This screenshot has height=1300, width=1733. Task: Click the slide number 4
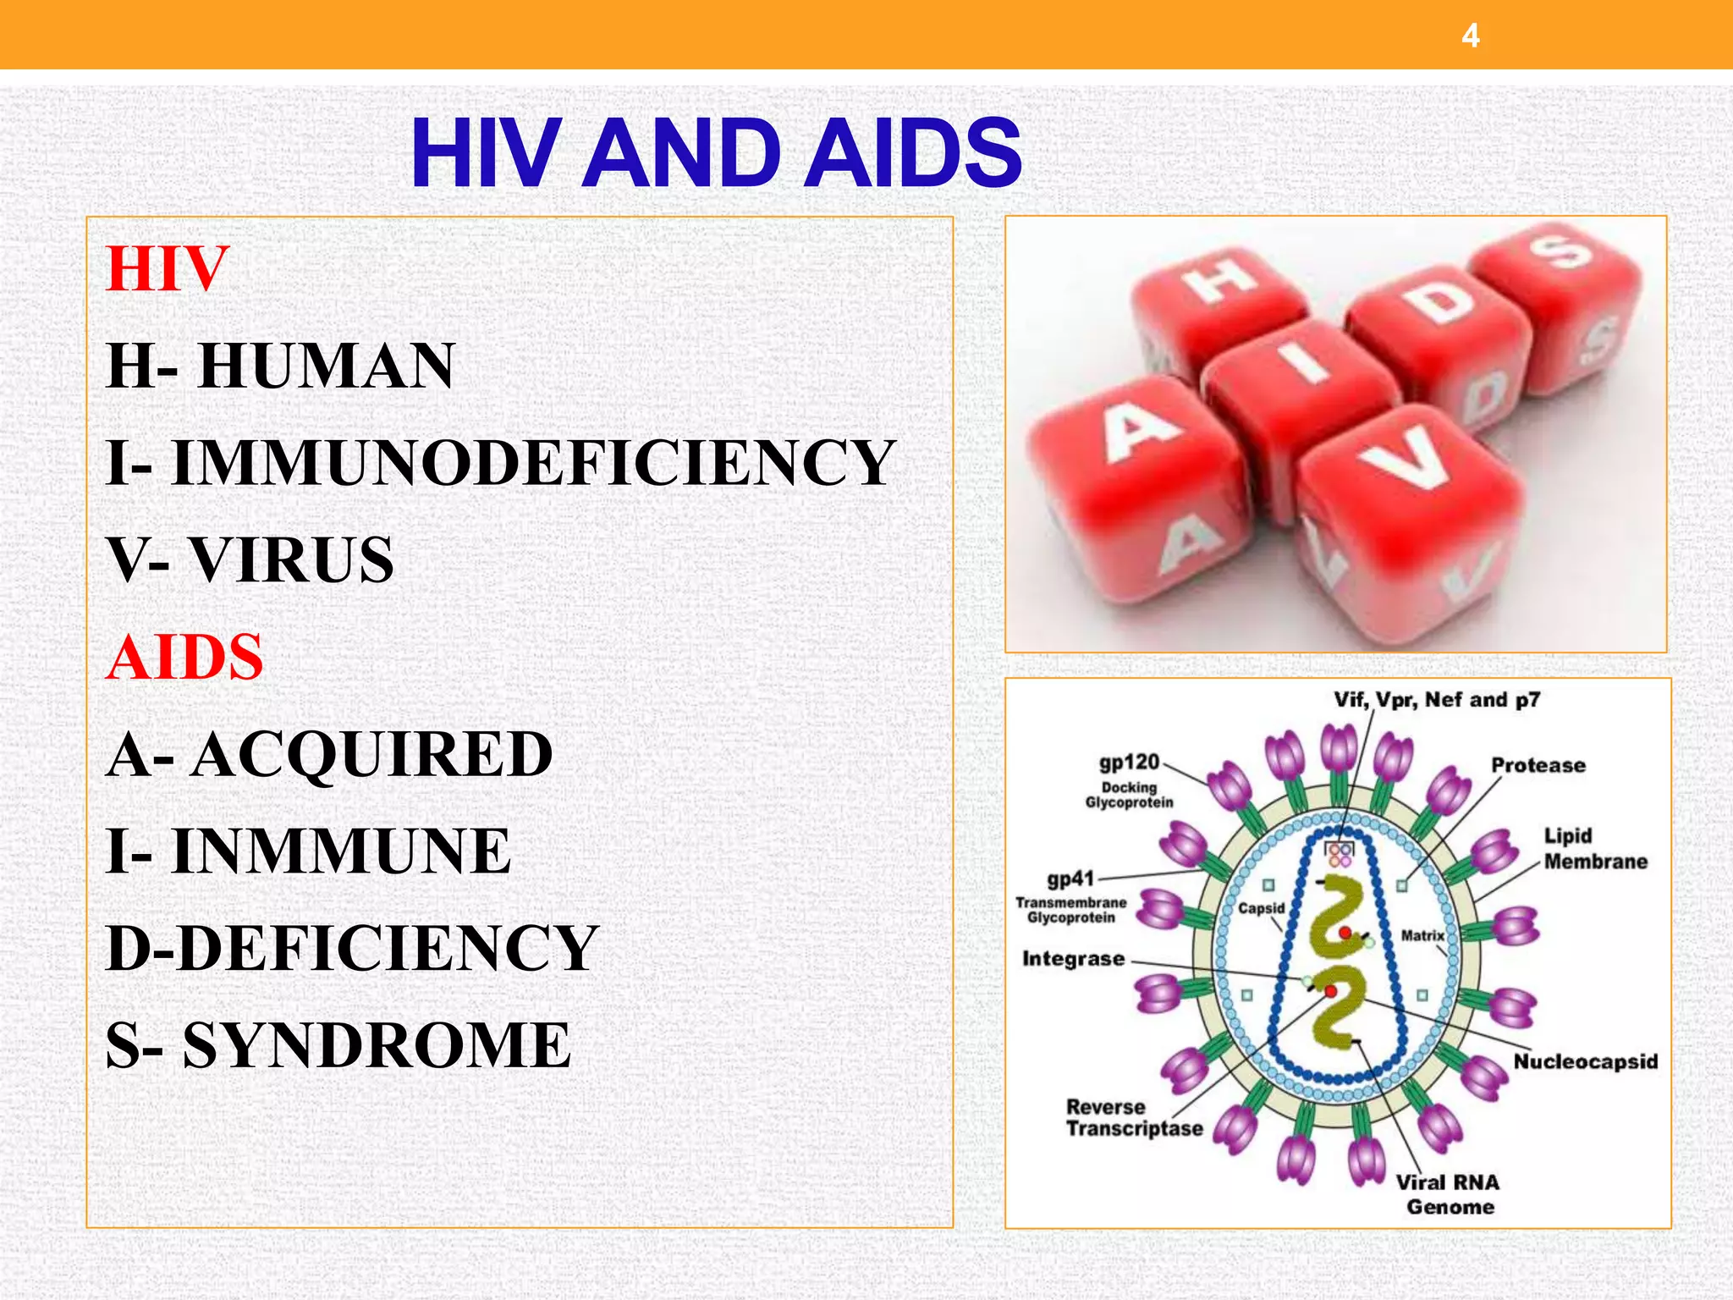[1471, 36]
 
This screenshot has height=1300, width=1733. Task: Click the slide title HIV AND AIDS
[716, 154]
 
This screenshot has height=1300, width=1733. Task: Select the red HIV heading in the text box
[168, 268]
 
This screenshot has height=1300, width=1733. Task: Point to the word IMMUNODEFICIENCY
[533, 463]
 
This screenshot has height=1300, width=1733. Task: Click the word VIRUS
[291, 559]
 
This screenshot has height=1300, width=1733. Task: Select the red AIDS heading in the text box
[184, 657]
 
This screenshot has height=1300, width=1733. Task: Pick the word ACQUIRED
[372, 754]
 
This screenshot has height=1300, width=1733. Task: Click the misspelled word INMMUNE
[341, 851]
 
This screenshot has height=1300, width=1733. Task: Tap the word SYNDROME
[377, 1044]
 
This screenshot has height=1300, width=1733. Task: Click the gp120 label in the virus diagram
[1129, 763]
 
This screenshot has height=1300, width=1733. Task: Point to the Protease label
[1538, 765]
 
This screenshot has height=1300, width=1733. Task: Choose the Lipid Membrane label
[1595, 848]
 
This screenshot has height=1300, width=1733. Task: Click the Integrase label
[1073, 959]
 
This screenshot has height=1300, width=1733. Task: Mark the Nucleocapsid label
[1585, 1061]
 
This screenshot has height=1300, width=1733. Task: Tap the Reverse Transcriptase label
[1134, 1117]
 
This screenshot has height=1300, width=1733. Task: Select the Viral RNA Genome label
[1448, 1194]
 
